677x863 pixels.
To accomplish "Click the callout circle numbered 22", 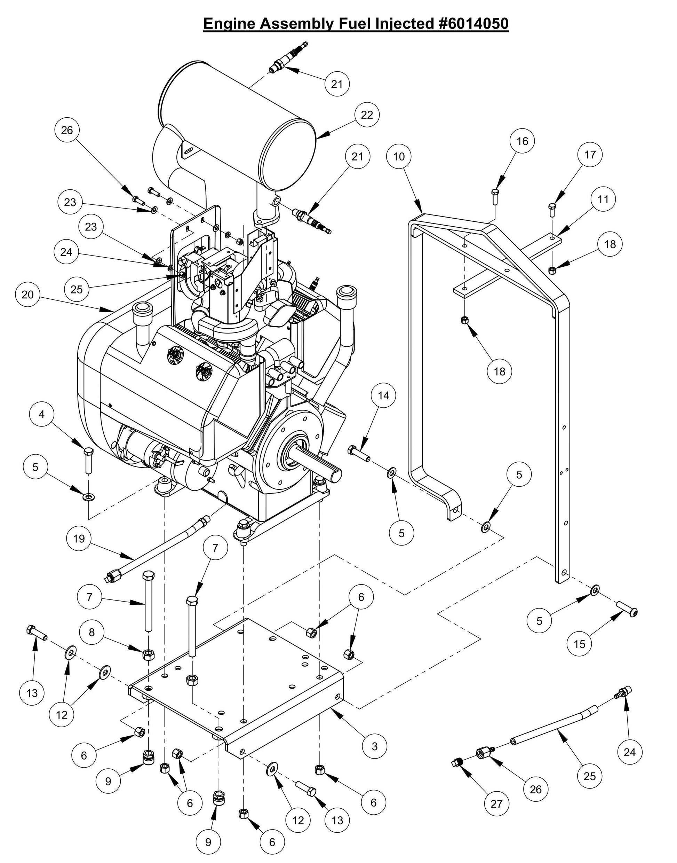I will tap(367, 115).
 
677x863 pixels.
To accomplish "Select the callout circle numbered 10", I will tap(399, 157).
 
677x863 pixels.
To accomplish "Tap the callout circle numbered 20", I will tap(28, 295).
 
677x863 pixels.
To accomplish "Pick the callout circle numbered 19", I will tap(79, 539).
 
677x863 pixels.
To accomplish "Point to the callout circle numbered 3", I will tap(375, 746).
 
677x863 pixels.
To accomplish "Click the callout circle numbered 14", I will tap(383, 395).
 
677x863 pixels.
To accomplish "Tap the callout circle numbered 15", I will tap(580, 644).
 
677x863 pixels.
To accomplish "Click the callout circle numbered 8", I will tap(91, 632).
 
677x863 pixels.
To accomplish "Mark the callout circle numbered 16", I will tap(523, 141).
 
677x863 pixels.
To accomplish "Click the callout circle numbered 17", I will tap(590, 155).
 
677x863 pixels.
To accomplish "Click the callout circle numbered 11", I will tap(603, 199).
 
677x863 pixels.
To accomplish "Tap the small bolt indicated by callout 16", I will tap(494, 197).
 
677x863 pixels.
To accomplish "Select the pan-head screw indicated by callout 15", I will tap(627, 607).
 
